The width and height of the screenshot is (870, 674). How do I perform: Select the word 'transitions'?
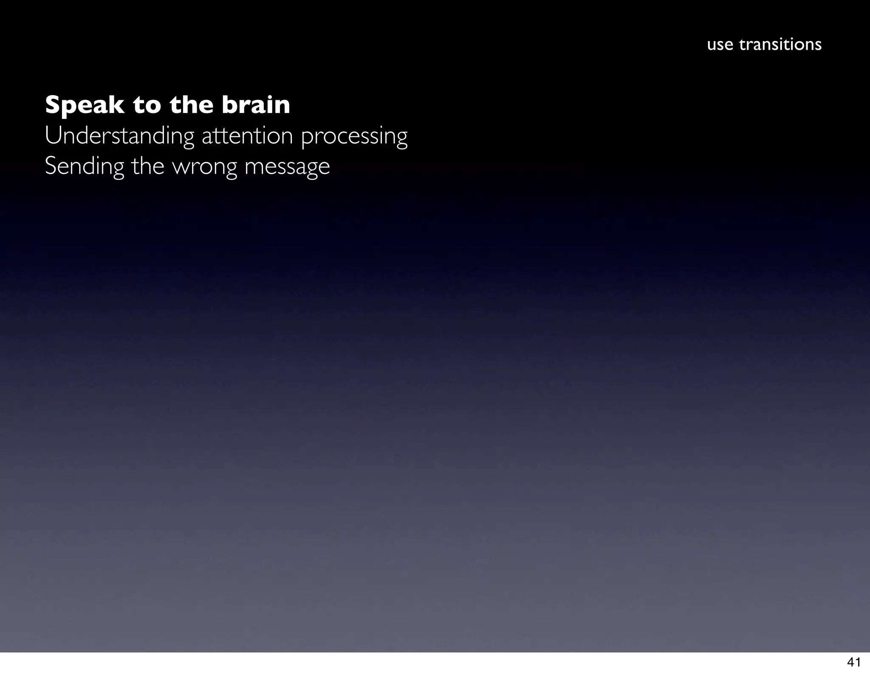(780, 44)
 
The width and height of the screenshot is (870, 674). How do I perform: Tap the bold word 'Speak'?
(84, 105)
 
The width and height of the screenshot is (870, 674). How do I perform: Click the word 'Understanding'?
(119, 136)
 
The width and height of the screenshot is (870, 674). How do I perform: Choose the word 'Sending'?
(84, 166)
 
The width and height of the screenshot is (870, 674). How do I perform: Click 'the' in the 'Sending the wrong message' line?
(147, 166)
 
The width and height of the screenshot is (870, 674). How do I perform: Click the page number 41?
(854, 662)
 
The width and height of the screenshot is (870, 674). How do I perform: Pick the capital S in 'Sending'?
(51, 166)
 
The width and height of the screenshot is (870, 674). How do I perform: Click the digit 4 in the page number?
(850, 662)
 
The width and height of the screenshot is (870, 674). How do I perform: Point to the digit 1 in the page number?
(858, 662)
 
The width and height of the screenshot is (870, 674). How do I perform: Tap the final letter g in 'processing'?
(401, 138)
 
